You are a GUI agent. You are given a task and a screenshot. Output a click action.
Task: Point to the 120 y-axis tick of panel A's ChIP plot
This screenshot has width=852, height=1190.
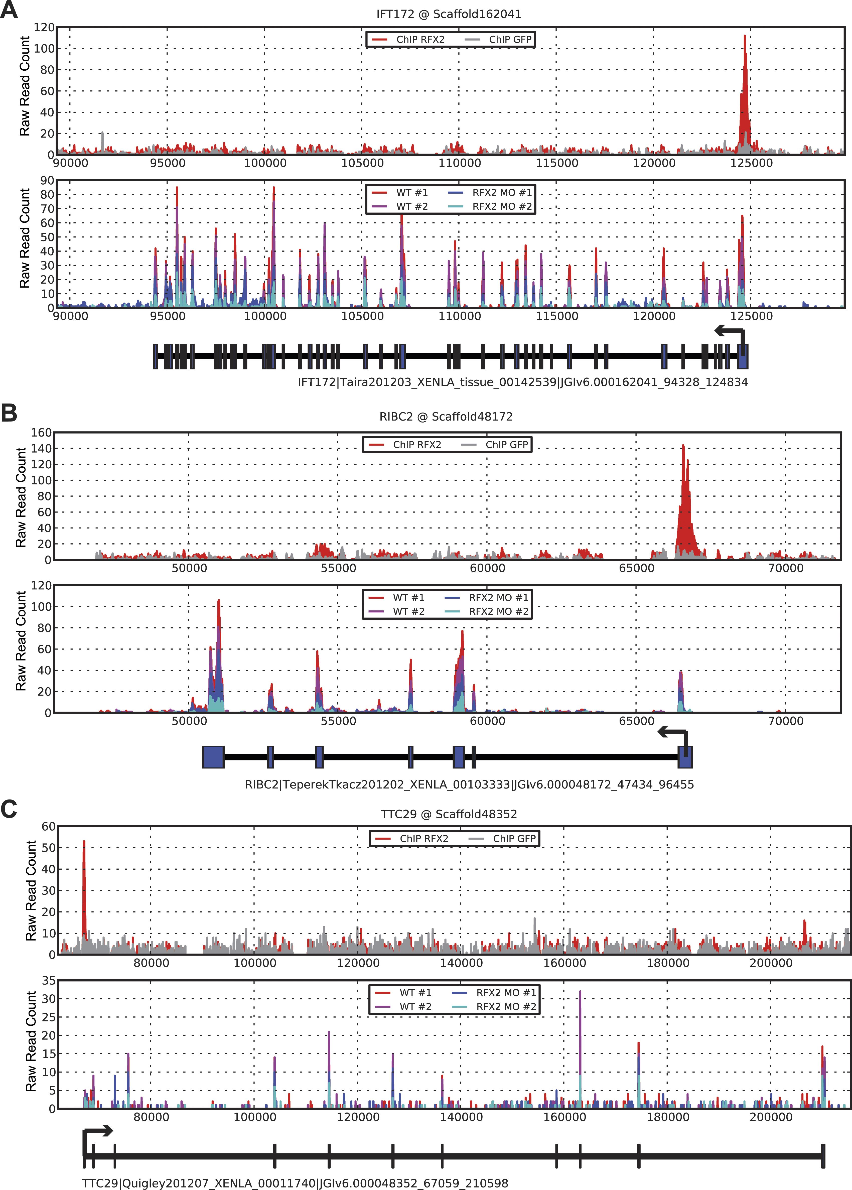tap(44, 27)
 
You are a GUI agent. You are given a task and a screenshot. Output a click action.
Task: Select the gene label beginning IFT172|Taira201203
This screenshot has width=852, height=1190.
tap(522, 382)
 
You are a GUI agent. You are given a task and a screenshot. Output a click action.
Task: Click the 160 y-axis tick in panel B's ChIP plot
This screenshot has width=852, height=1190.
tap(41, 433)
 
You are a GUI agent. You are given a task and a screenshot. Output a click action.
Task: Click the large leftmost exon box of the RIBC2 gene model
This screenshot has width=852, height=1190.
tap(213, 757)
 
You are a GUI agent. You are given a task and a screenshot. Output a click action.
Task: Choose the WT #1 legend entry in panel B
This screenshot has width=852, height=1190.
tap(408, 598)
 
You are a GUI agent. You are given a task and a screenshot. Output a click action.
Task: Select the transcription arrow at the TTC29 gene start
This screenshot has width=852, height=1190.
tap(97, 1131)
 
